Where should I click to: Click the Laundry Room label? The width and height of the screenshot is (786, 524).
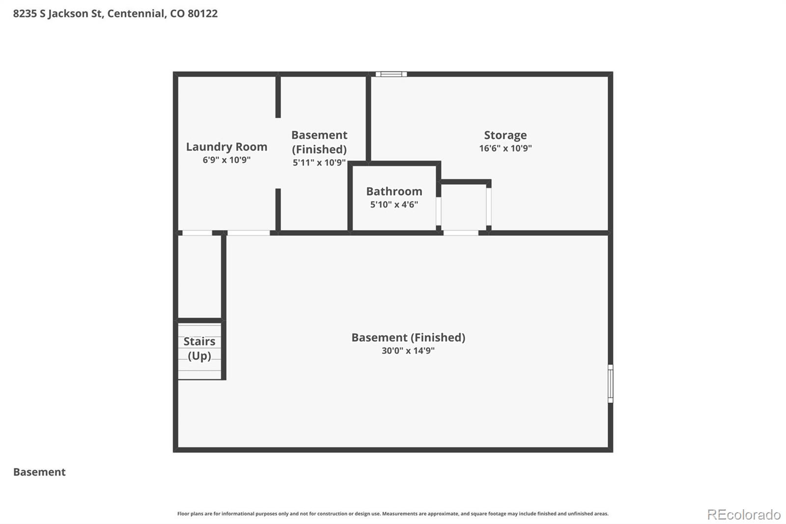click(x=226, y=146)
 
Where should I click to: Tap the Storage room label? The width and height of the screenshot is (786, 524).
click(x=505, y=135)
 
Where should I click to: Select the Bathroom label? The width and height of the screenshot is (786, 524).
click(x=394, y=191)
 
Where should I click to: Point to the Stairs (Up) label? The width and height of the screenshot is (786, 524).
click(x=199, y=348)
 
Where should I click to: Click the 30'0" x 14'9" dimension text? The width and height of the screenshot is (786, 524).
click(x=408, y=350)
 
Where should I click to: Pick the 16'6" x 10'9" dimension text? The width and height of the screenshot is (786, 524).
click(x=505, y=148)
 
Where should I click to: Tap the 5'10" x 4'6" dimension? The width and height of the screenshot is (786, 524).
click(x=394, y=204)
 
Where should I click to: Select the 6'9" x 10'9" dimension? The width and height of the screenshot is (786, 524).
click(x=226, y=160)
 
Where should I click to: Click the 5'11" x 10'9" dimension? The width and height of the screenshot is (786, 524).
click(x=319, y=163)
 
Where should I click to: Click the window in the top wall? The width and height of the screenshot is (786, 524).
click(x=391, y=74)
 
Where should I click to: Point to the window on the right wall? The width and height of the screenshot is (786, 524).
click(x=610, y=383)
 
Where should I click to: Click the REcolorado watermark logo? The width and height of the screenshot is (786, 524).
click(x=743, y=514)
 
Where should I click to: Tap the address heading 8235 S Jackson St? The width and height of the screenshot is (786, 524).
click(x=58, y=13)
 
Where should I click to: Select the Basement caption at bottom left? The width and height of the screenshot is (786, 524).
click(x=39, y=472)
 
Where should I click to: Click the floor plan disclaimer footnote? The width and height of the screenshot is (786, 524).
click(x=393, y=514)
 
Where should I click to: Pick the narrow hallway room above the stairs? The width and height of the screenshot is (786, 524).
click(x=199, y=277)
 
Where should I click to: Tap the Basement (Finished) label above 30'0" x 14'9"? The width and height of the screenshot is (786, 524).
click(x=408, y=337)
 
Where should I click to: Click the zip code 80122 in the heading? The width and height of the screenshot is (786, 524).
click(x=202, y=13)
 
